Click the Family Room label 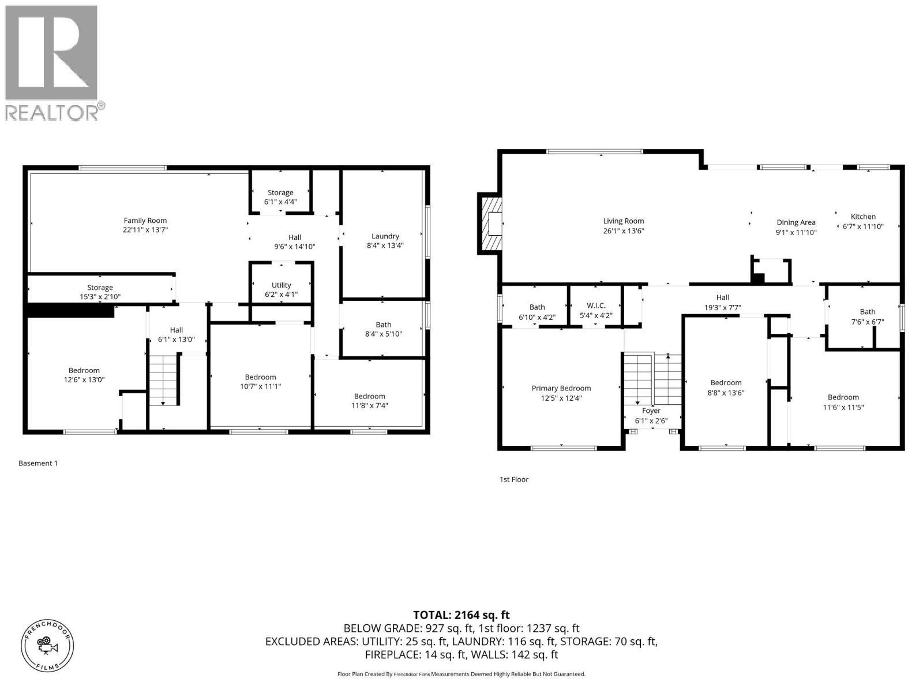pos(145,221)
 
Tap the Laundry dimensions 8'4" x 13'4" pos(385,245)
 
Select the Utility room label pos(281,285)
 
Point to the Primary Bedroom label pos(561,388)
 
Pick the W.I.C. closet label pos(596,305)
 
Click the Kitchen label pos(863,217)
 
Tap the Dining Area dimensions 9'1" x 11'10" pos(796,232)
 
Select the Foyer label pos(651,411)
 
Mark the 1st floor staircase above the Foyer pos(652,378)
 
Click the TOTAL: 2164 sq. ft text pos(461,615)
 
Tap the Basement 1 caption pos(38,463)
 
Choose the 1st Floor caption pos(513,479)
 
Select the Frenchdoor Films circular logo pos(47,646)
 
